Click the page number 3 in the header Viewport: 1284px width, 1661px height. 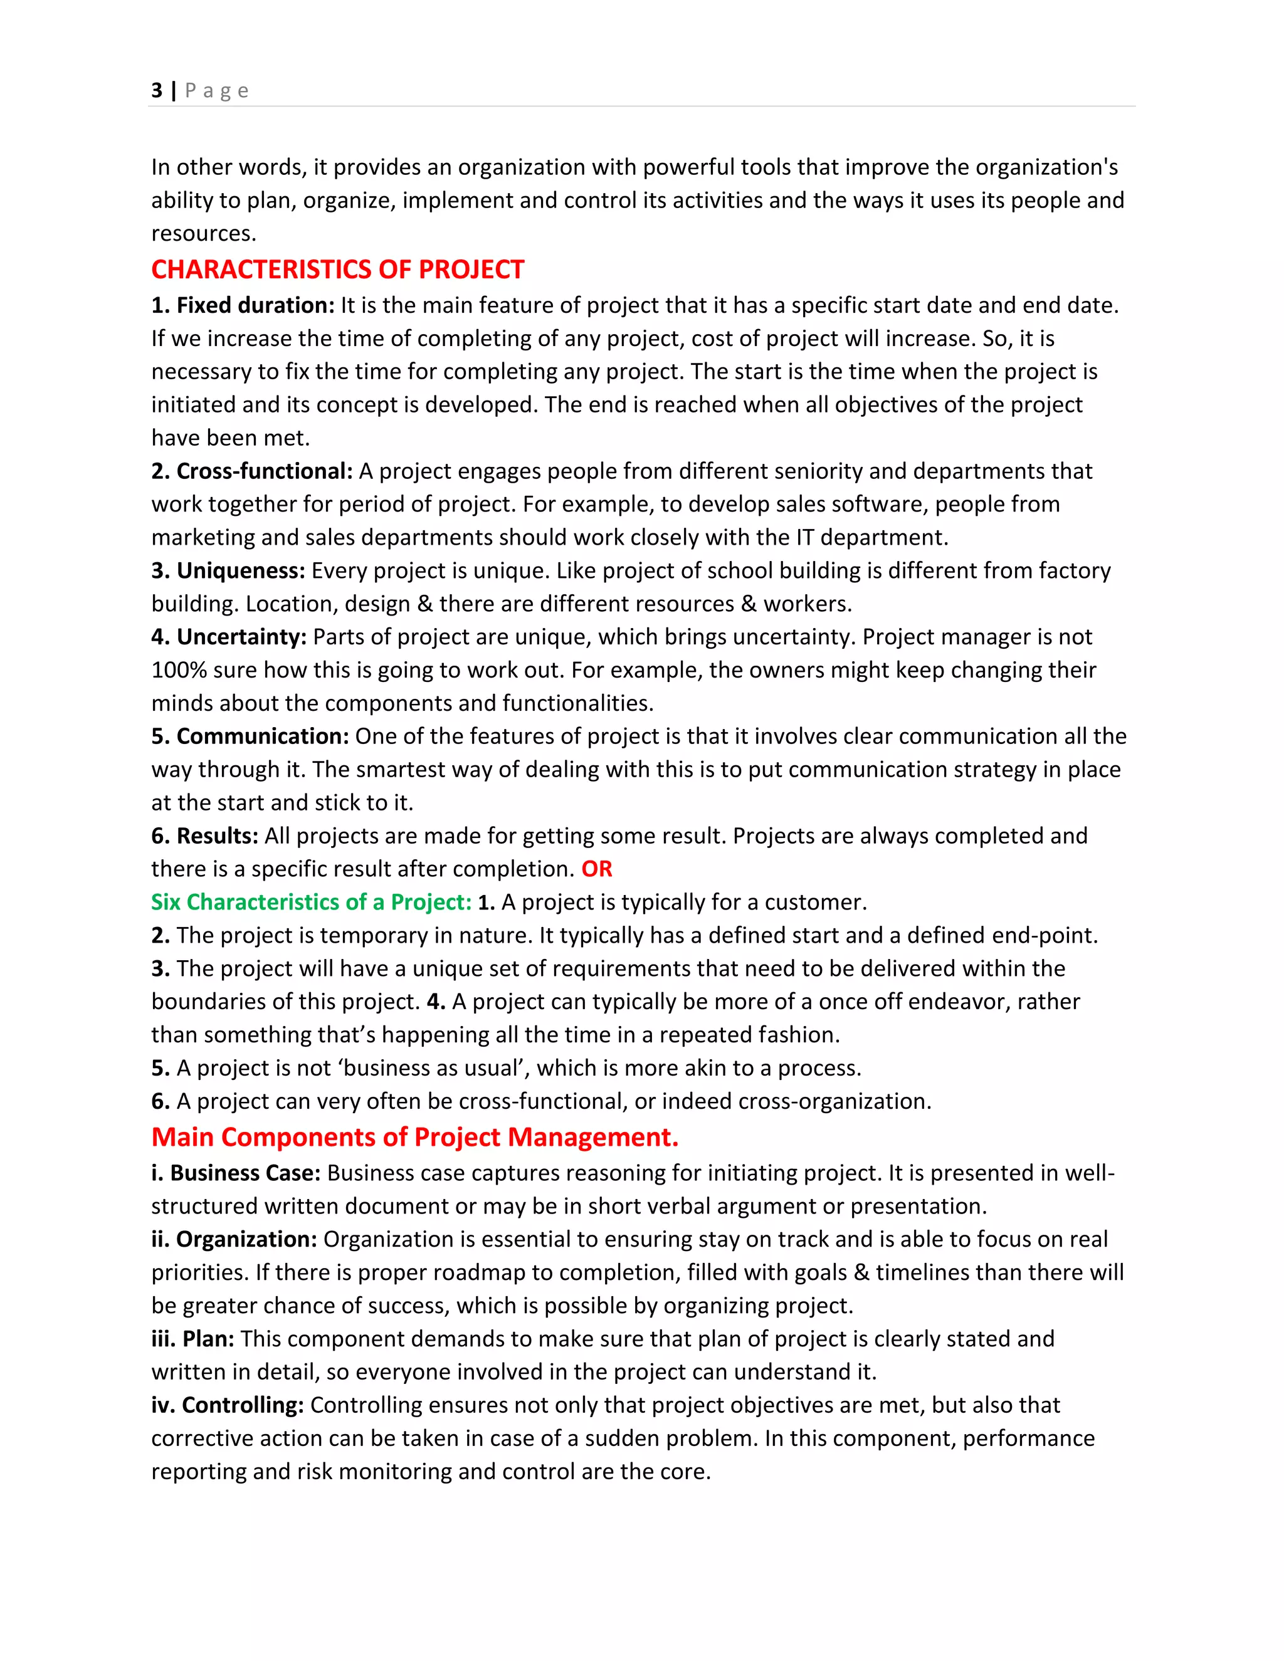pyautogui.click(x=157, y=90)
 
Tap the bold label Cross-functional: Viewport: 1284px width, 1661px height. pyautogui.click(x=264, y=471)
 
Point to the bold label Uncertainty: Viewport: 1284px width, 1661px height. pyautogui.click(x=241, y=637)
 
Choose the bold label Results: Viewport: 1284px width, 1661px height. pyautogui.click(x=217, y=836)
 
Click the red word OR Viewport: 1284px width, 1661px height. pyautogui.click(x=596, y=869)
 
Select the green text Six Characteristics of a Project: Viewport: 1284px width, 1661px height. pyautogui.click(x=311, y=902)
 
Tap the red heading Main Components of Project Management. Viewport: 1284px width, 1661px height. pyautogui.click(x=414, y=1137)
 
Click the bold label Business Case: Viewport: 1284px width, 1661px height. pyautogui.click(x=244, y=1173)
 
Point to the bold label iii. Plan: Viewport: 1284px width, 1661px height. pyautogui.click(x=192, y=1339)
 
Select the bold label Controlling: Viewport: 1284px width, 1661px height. pyautogui.click(x=243, y=1405)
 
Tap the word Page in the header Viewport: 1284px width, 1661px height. pyautogui.click(x=217, y=90)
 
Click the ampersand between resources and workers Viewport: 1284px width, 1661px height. pyautogui.click(x=749, y=604)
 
